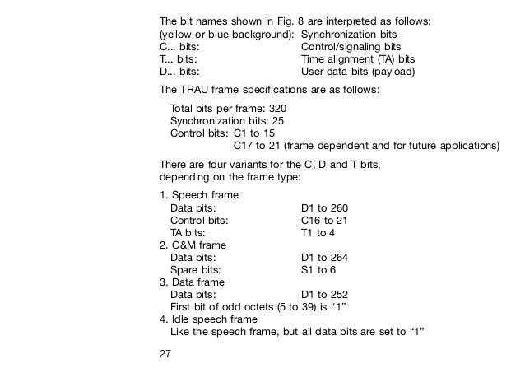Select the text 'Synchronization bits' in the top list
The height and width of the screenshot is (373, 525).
coord(349,36)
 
